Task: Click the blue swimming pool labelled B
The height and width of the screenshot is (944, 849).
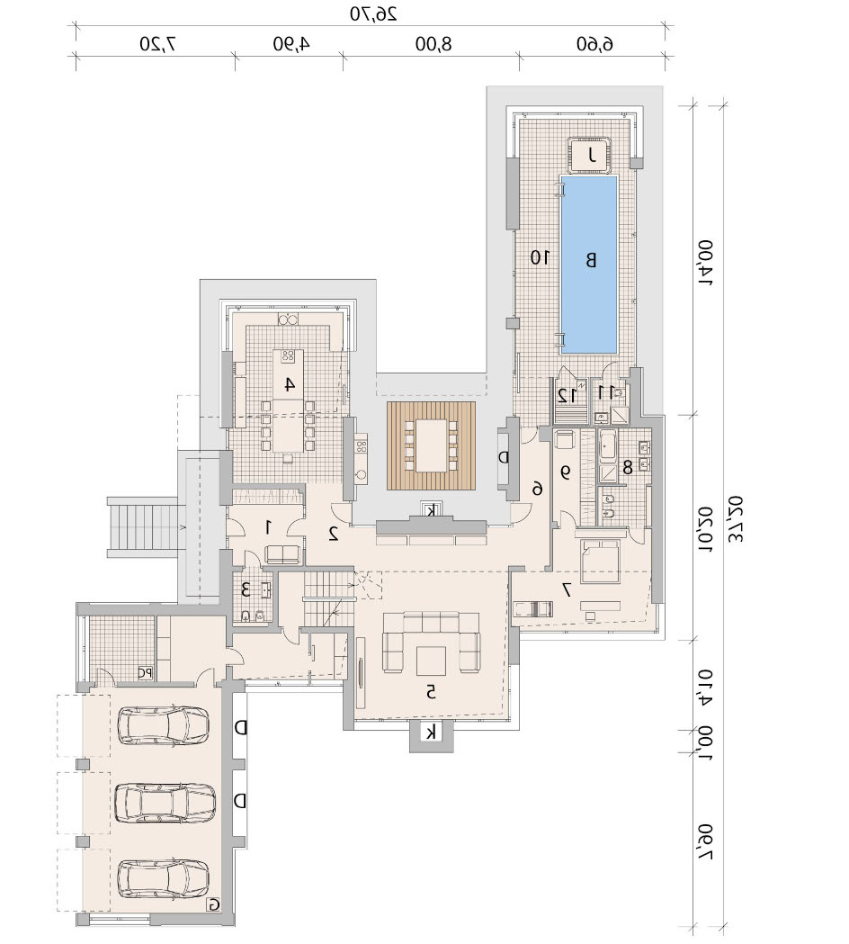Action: (588, 265)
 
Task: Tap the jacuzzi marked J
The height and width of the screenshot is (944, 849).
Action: (591, 156)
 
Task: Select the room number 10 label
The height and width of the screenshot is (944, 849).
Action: (540, 258)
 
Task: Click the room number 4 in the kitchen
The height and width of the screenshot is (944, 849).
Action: (290, 384)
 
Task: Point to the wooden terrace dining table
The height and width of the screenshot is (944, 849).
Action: (432, 445)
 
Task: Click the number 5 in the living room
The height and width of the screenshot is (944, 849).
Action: (431, 692)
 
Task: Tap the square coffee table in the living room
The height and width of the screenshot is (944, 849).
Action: (431, 661)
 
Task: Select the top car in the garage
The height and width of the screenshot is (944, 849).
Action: (163, 725)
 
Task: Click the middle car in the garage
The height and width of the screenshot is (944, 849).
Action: (165, 803)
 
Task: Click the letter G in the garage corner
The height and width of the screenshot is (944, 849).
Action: (214, 904)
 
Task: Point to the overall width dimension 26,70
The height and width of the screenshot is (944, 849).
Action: (373, 13)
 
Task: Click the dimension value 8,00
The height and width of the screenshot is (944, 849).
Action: (433, 44)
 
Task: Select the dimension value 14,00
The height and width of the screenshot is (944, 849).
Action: (704, 263)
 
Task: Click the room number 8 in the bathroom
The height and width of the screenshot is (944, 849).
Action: (628, 466)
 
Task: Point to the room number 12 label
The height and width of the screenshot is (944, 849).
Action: (567, 396)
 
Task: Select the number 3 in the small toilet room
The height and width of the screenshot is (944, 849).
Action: (246, 590)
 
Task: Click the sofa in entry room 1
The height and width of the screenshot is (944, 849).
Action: (282, 553)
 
